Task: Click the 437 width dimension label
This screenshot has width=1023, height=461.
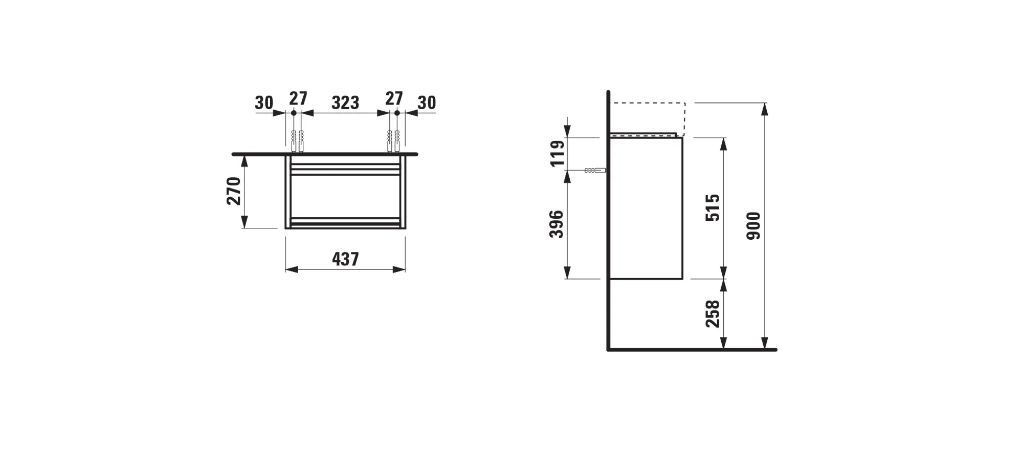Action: click(345, 259)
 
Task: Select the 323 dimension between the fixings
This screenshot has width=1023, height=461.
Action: click(345, 103)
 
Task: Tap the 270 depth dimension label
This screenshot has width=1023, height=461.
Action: click(234, 191)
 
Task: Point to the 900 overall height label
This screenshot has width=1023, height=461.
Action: click(753, 226)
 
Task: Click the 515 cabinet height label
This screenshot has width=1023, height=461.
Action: click(713, 207)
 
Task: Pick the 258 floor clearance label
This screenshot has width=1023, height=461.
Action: click(713, 313)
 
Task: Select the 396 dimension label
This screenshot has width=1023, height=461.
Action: click(557, 224)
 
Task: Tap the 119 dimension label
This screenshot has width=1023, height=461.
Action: click(558, 153)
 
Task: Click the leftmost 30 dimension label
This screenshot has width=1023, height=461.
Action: click(264, 103)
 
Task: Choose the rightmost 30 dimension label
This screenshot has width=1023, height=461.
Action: click(427, 103)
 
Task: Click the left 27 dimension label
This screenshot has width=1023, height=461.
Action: click(298, 98)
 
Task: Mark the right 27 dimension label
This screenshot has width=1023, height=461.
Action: click(394, 98)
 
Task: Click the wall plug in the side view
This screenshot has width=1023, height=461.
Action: click(595, 170)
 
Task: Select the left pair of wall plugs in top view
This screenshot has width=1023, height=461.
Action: click(297, 141)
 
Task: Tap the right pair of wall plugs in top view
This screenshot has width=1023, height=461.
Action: click(393, 141)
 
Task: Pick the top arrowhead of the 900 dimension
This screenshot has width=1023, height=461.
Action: click(764, 108)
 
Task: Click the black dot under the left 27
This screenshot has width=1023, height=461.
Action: click(294, 113)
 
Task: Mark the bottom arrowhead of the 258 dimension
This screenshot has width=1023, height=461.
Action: click(723, 344)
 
